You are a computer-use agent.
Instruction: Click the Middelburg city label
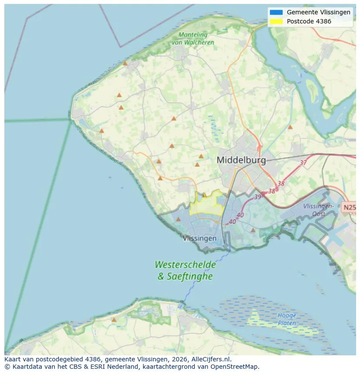point(241,160)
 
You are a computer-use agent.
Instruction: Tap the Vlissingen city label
point(200,238)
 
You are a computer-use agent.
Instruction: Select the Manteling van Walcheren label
point(193,39)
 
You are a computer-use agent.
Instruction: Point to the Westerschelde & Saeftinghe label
point(185,270)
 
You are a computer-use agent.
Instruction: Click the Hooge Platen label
point(287,319)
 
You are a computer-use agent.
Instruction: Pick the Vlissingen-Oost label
point(319,210)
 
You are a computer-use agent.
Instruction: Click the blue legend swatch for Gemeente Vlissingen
point(276,12)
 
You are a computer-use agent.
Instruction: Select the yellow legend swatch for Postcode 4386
point(276,21)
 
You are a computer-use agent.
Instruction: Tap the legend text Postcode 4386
point(309,21)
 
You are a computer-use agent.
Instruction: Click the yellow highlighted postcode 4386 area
point(207,204)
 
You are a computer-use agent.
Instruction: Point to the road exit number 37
point(303,163)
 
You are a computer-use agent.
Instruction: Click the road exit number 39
point(258,197)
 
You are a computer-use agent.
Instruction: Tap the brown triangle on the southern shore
point(114,320)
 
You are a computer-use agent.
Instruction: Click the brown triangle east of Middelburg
point(290,127)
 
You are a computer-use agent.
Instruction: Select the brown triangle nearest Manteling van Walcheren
point(125,63)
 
